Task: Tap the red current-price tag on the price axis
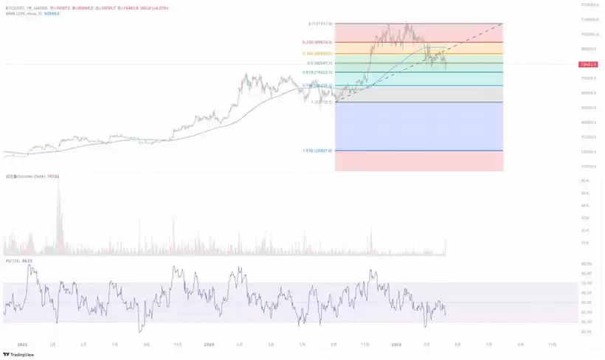(x=588, y=65)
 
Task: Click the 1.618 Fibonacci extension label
(x=318, y=150)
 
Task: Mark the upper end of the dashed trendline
(x=502, y=24)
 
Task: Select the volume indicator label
(x=30, y=177)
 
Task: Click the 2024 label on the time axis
(x=209, y=345)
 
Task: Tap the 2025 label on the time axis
(x=396, y=345)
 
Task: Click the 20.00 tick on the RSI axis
(x=586, y=331)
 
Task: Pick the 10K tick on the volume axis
(x=585, y=243)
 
